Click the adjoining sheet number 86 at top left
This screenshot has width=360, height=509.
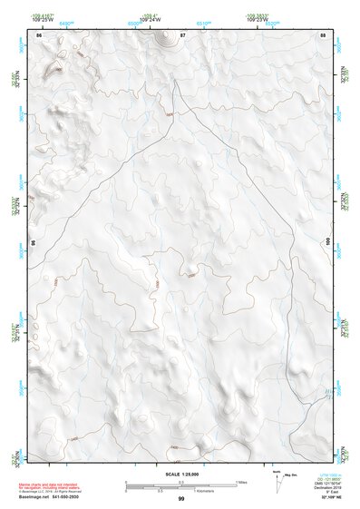(38, 34)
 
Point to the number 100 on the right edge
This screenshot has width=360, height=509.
(326, 241)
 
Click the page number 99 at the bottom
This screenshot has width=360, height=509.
(181, 499)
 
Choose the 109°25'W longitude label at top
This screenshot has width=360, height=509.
(43, 17)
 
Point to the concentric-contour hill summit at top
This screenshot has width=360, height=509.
(166, 38)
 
